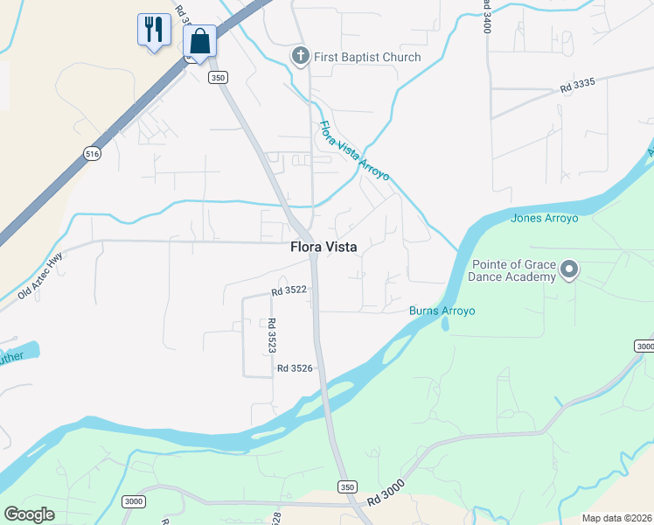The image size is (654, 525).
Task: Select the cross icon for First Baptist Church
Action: (300, 57)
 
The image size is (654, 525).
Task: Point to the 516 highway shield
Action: (92, 153)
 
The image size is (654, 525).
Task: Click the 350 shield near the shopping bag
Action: (218, 78)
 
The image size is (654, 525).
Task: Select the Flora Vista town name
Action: (324, 248)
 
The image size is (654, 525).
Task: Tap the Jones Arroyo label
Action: (545, 219)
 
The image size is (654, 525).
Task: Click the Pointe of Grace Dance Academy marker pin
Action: (569, 269)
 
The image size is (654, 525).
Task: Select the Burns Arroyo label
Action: (442, 311)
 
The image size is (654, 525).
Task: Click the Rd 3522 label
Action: (289, 290)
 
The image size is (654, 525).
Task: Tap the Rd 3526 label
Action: (295, 368)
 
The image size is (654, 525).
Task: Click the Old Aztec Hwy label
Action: (40, 276)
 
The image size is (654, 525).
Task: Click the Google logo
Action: (29, 514)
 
